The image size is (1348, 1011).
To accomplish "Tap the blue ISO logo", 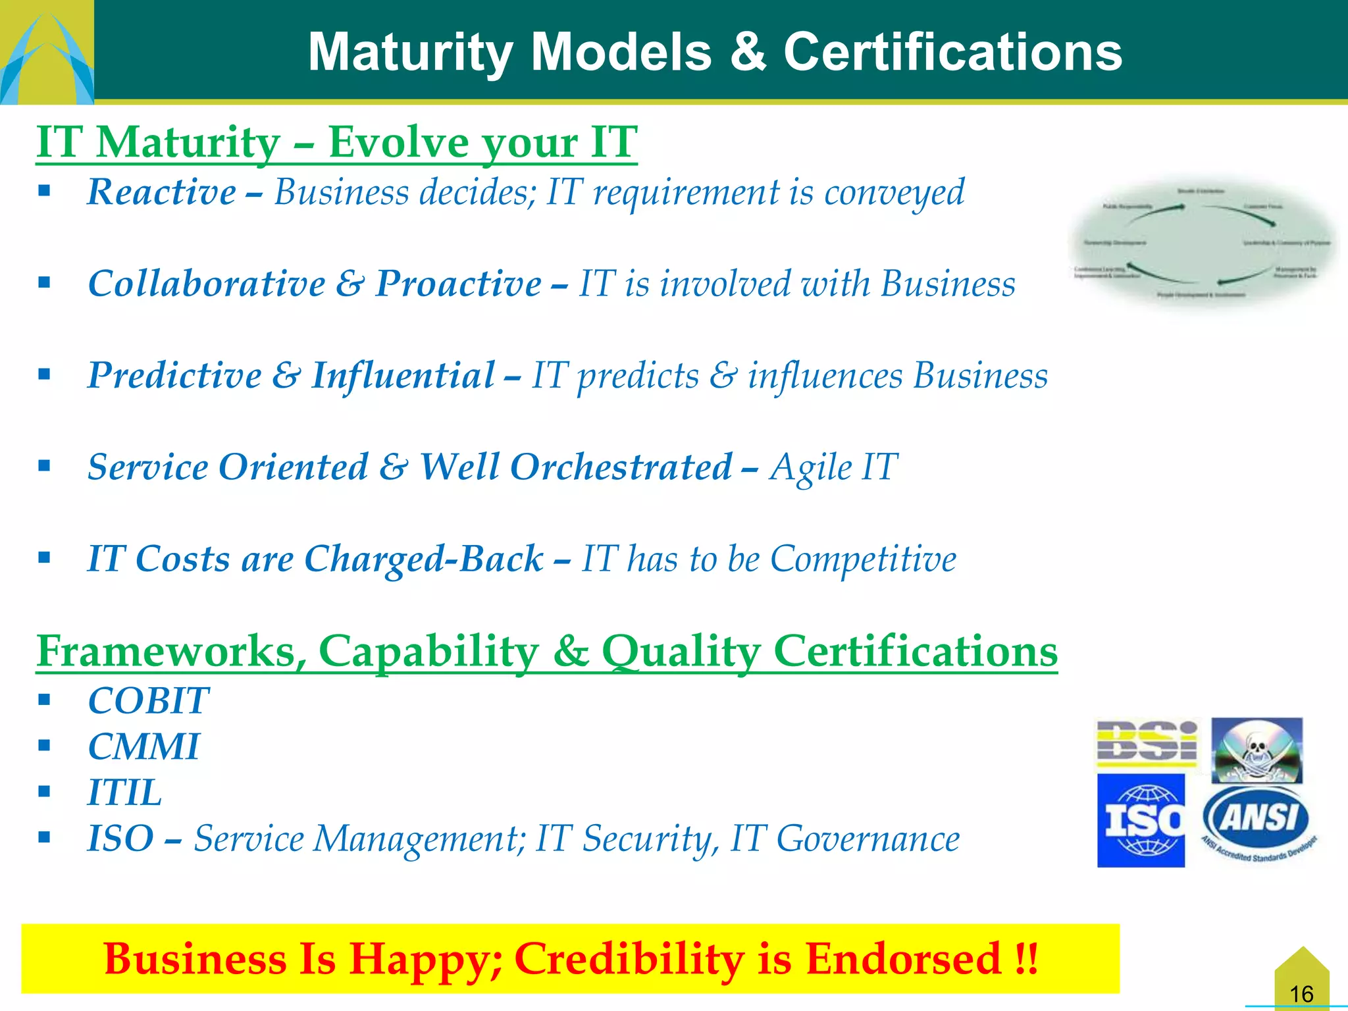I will pyautogui.click(x=1141, y=820).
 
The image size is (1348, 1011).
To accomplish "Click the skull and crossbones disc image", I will pyautogui.click(x=1257, y=750).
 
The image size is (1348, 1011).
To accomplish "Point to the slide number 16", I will pyautogui.click(x=1301, y=993).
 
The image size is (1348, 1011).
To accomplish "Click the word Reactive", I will pyautogui.click(x=162, y=192).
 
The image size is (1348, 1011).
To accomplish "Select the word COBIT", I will pyautogui.click(x=149, y=700).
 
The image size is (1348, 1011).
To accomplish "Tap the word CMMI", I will pyautogui.click(x=143, y=746).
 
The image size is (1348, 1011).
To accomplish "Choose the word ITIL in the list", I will pyautogui.click(x=125, y=792).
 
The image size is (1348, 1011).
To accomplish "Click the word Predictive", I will pyautogui.click(x=175, y=375).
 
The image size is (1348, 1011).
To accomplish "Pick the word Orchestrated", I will pyautogui.click(x=621, y=467).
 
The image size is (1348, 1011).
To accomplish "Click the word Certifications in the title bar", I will pyautogui.click(x=952, y=52).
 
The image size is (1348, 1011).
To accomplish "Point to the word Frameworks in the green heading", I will pyautogui.click(x=171, y=651).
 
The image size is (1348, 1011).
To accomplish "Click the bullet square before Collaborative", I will pyautogui.click(x=44, y=283).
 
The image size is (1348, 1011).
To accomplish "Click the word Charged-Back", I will pyautogui.click(x=424, y=559).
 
